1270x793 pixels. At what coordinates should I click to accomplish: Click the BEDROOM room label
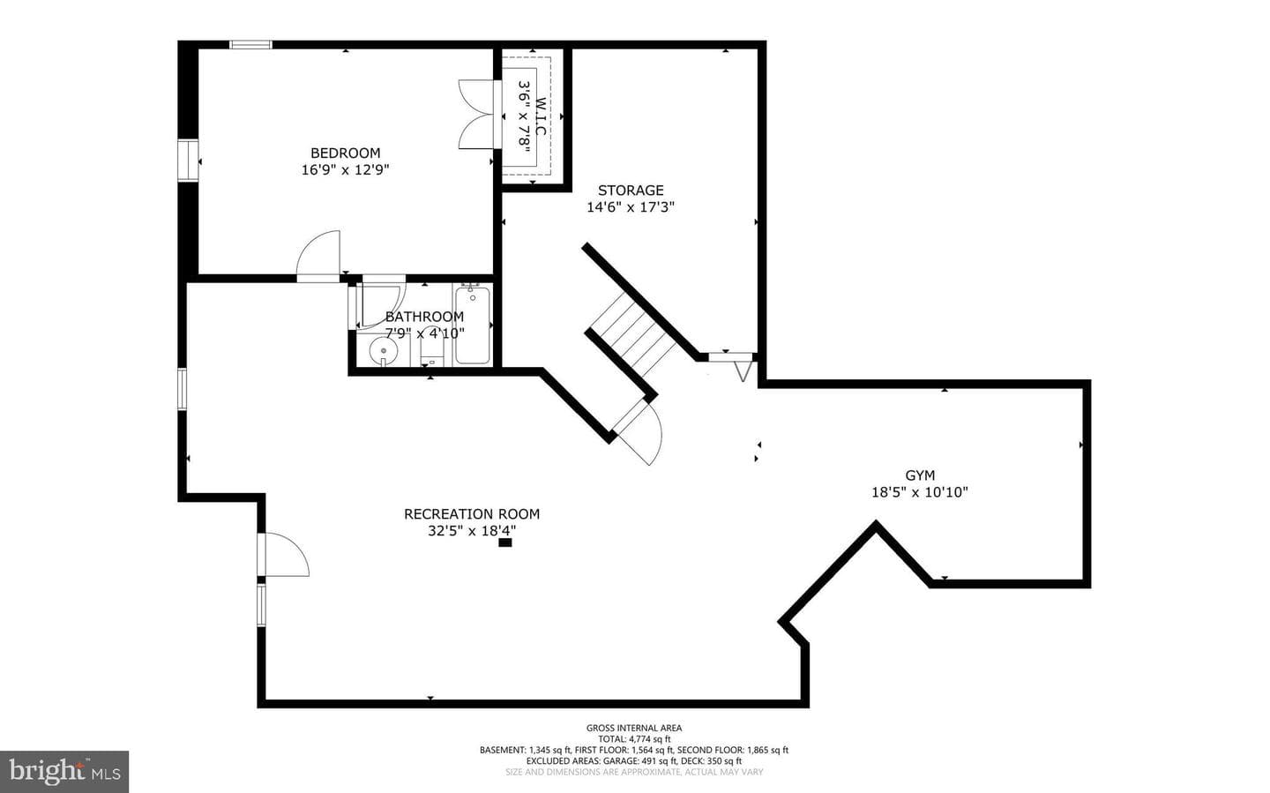pos(346,153)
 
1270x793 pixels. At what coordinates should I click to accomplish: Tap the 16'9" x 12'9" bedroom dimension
pos(346,169)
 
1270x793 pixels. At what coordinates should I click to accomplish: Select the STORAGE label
pos(631,190)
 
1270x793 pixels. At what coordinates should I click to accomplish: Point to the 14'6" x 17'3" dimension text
pos(631,207)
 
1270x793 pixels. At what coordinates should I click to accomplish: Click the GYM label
pos(920,475)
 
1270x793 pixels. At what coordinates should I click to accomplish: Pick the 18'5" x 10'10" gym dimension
pos(920,492)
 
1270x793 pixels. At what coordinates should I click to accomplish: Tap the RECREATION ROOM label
pos(472,514)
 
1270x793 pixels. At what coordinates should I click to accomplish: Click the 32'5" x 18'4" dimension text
pos(472,531)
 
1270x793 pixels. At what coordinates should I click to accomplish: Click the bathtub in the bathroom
pos(473,325)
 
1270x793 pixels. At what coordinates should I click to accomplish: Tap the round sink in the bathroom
pos(384,352)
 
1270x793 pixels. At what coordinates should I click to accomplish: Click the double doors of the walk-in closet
pos(477,115)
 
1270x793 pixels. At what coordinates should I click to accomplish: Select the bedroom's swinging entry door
pos(318,256)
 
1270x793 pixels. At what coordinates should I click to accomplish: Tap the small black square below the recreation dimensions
pos(504,542)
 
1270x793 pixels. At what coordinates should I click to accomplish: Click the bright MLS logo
pos(64,772)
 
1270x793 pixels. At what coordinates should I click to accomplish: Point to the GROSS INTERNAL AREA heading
pos(634,728)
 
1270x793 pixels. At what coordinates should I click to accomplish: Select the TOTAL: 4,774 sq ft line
pos(634,739)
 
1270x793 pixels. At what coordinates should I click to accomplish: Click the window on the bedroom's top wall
pos(250,45)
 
